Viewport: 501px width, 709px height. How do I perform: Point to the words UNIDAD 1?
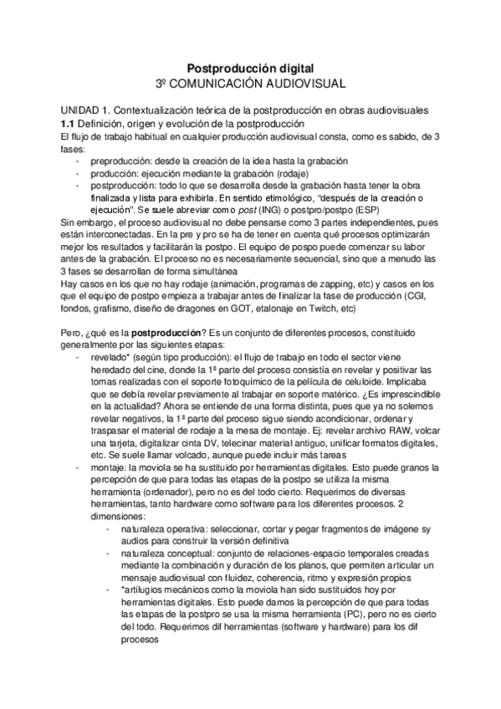tap(84, 110)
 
